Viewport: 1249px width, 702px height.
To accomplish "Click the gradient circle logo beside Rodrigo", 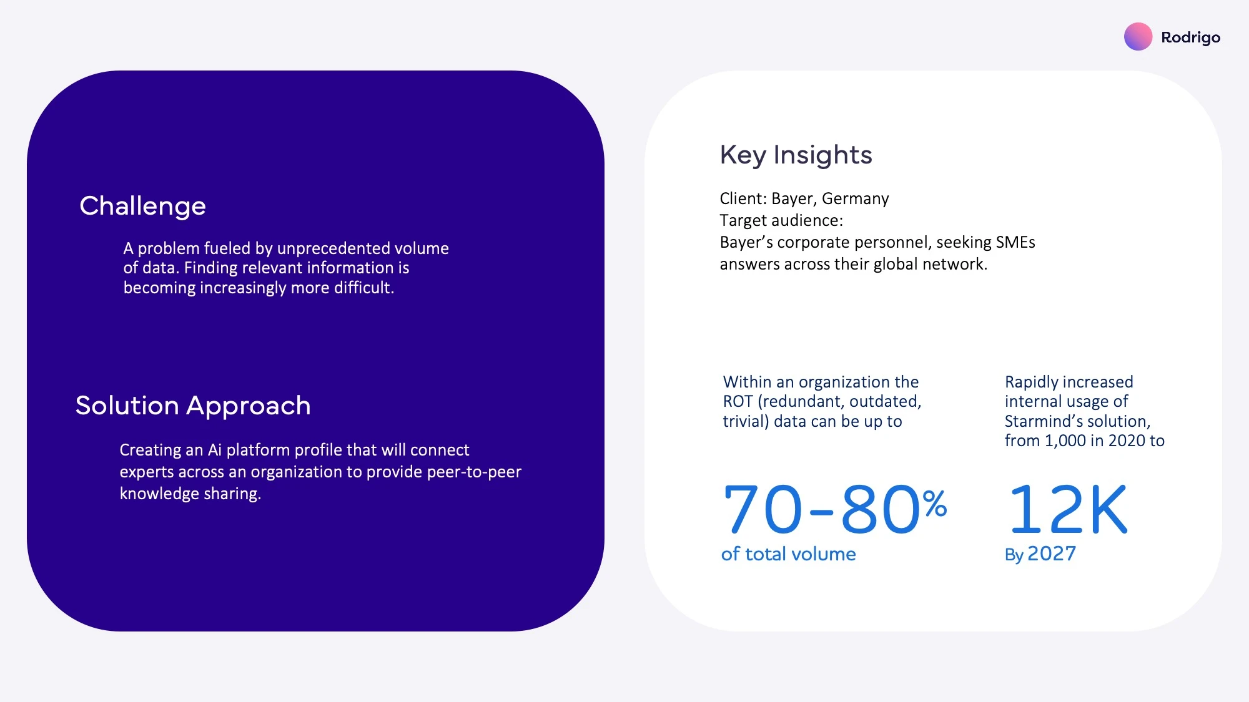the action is click(x=1138, y=37).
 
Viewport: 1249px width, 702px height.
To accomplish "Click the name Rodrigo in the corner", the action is click(x=1190, y=38).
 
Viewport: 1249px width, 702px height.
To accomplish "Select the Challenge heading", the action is click(x=142, y=207).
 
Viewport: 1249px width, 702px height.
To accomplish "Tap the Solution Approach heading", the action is click(x=193, y=406).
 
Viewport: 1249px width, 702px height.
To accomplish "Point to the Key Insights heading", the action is click(x=796, y=155).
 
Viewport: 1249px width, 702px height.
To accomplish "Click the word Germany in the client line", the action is click(x=855, y=199).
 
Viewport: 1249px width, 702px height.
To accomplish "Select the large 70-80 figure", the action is click(x=821, y=510).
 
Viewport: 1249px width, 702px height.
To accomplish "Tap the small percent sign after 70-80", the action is click(x=935, y=504).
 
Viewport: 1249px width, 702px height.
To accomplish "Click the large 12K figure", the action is click(x=1068, y=510).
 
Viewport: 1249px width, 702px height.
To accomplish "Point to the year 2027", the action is click(x=1052, y=553).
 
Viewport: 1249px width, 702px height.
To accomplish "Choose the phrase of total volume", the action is click(x=788, y=554).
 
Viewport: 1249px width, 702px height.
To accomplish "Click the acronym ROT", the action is click(x=738, y=402).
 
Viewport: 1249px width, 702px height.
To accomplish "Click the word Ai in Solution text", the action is click(x=214, y=450).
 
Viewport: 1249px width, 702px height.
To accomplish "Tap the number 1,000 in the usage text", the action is click(x=1065, y=441).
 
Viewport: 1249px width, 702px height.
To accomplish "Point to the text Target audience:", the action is click(x=781, y=221).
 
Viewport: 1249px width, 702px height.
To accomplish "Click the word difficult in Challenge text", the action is click(x=363, y=288).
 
